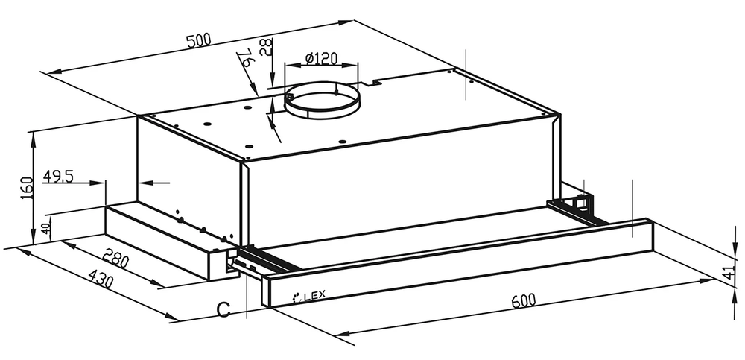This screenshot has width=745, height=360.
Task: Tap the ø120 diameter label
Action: click(x=321, y=58)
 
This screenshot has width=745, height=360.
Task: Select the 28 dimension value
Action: click(x=267, y=47)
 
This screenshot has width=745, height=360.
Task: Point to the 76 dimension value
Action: click(x=245, y=57)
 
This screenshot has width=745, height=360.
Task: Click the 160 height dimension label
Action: click(x=27, y=187)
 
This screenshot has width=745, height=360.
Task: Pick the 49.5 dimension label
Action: click(x=58, y=177)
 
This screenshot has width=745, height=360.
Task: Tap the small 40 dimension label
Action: click(x=45, y=229)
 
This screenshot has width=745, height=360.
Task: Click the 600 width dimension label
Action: click(x=524, y=300)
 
